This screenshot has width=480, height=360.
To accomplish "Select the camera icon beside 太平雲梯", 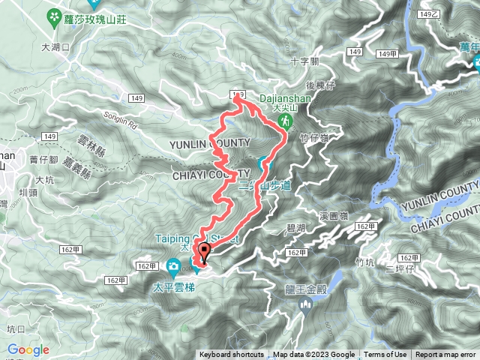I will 174,265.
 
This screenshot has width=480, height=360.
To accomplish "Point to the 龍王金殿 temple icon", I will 305,304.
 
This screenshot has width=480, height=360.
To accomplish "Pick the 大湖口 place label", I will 56,46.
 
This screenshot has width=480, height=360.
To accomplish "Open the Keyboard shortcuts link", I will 231,355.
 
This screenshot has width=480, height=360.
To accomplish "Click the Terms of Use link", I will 385,355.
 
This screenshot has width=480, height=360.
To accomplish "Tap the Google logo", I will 28,350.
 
